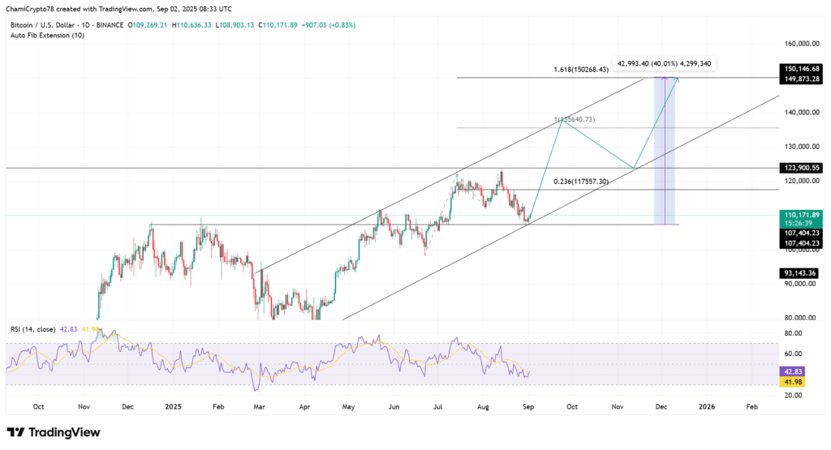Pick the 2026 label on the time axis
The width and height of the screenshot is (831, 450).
point(707,405)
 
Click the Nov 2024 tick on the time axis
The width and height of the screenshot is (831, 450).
point(84,405)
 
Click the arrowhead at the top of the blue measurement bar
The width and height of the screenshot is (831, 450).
point(665,78)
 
